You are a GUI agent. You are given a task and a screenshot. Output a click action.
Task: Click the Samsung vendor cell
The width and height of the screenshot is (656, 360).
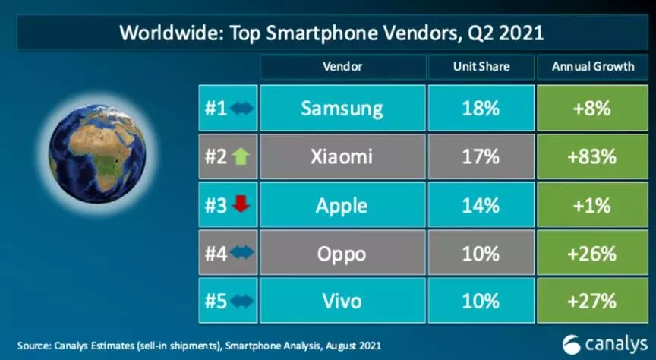click(342, 108)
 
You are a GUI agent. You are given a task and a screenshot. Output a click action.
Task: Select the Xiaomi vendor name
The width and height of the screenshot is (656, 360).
click(342, 156)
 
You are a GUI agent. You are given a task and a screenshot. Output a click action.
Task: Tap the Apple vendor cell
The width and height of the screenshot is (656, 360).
click(342, 205)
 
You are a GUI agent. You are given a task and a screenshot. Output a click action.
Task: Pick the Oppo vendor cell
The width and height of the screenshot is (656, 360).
click(342, 252)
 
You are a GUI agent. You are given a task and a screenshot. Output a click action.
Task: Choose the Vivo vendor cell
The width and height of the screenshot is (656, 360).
click(342, 301)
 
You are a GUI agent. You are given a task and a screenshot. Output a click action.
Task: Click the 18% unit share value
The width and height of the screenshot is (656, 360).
click(481, 109)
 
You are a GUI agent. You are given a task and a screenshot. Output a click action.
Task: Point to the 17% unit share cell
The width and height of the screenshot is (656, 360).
click(481, 156)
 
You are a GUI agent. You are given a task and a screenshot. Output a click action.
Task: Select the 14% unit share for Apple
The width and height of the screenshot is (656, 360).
click(481, 205)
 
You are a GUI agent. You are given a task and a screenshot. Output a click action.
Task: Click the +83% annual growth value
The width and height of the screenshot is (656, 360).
click(592, 157)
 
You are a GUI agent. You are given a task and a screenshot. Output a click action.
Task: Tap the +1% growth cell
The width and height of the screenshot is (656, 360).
click(592, 205)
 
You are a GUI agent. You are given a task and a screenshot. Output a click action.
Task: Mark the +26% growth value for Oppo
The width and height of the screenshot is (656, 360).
click(592, 253)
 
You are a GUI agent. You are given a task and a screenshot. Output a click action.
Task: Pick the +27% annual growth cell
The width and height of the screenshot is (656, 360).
click(592, 301)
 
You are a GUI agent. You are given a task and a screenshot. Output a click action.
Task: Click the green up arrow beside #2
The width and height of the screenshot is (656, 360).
click(241, 156)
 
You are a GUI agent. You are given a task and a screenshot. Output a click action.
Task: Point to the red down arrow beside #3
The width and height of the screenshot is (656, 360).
click(241, 204)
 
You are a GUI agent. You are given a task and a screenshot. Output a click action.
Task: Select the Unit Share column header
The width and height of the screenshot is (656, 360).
click(481, 67)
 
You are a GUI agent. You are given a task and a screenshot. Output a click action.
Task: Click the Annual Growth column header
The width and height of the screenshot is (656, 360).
click(592, 67)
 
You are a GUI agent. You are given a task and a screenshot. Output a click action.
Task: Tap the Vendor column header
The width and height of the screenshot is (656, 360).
click(342, 67)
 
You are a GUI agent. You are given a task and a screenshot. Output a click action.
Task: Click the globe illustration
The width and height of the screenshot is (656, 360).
click(97, 153)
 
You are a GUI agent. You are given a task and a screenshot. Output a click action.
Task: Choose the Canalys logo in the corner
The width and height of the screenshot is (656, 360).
click(604, 344)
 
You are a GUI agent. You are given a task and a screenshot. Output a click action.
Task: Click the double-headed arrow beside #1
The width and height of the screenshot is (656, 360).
click(241, 109)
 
